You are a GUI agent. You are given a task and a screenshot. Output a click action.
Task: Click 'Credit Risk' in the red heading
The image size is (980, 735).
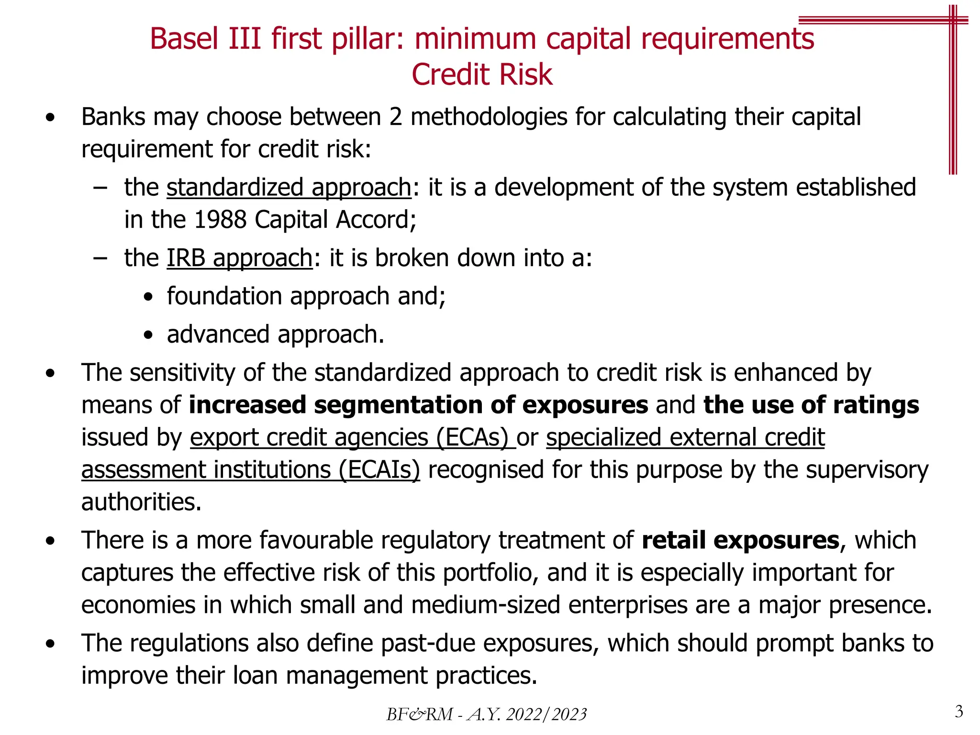point(482,75)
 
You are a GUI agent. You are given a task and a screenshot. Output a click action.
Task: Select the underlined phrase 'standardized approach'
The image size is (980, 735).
point(289,187)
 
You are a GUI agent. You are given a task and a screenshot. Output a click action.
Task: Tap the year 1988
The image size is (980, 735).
point(220,220)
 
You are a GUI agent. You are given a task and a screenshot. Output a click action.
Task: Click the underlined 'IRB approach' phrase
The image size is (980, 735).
point(239,258)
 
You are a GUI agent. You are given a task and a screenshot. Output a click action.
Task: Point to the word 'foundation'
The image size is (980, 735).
point(224,296)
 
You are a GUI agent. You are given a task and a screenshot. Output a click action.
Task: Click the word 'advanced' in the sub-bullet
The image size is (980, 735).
point(218,334)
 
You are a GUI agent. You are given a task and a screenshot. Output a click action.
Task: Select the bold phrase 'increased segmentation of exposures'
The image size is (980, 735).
point(418,405)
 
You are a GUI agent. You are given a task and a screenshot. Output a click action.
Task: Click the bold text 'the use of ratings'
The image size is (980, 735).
point(811,405)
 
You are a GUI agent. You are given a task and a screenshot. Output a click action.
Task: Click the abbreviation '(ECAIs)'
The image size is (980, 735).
point(379,469)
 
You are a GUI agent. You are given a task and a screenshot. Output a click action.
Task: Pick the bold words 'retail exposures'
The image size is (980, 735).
point(740,540)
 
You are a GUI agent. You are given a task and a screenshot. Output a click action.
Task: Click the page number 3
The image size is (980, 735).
point(958,712)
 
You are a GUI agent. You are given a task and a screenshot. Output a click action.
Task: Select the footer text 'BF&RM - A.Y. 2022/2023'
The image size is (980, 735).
point(486,714)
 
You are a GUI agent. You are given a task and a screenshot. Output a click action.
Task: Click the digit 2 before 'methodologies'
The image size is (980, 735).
point(395,117)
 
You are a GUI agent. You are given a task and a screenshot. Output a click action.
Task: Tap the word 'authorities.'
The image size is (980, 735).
point(141,502)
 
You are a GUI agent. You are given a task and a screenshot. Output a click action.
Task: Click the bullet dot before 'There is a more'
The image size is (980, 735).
point(50,541)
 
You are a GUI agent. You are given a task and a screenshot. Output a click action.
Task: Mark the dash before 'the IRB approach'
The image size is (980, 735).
point(100,258)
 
